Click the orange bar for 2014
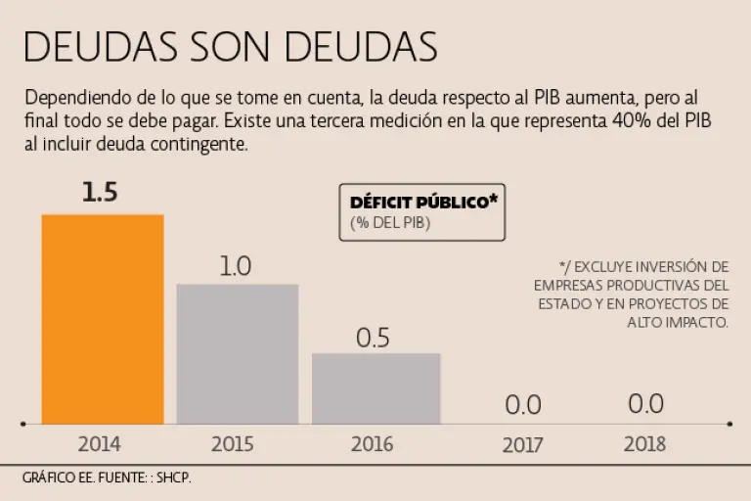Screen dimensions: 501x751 (102, 318)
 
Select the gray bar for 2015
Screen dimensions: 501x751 (237, 353)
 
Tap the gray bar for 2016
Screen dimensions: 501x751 (375, 387)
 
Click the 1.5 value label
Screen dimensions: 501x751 (100, 193)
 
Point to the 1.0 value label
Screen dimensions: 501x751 (236, 265)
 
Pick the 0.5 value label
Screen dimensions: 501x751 (373, 338)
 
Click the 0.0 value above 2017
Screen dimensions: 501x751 (522, 404)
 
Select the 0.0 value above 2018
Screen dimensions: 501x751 (645, 403)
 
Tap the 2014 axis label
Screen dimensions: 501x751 (99, 444)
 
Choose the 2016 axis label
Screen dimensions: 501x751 (372, 444)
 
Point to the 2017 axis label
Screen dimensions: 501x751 (522, 445)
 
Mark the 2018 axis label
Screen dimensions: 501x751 (644, 444)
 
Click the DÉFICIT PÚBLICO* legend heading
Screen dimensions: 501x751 (421, 203)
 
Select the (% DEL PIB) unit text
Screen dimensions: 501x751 (390, 223)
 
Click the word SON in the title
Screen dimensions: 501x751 (233, 47)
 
